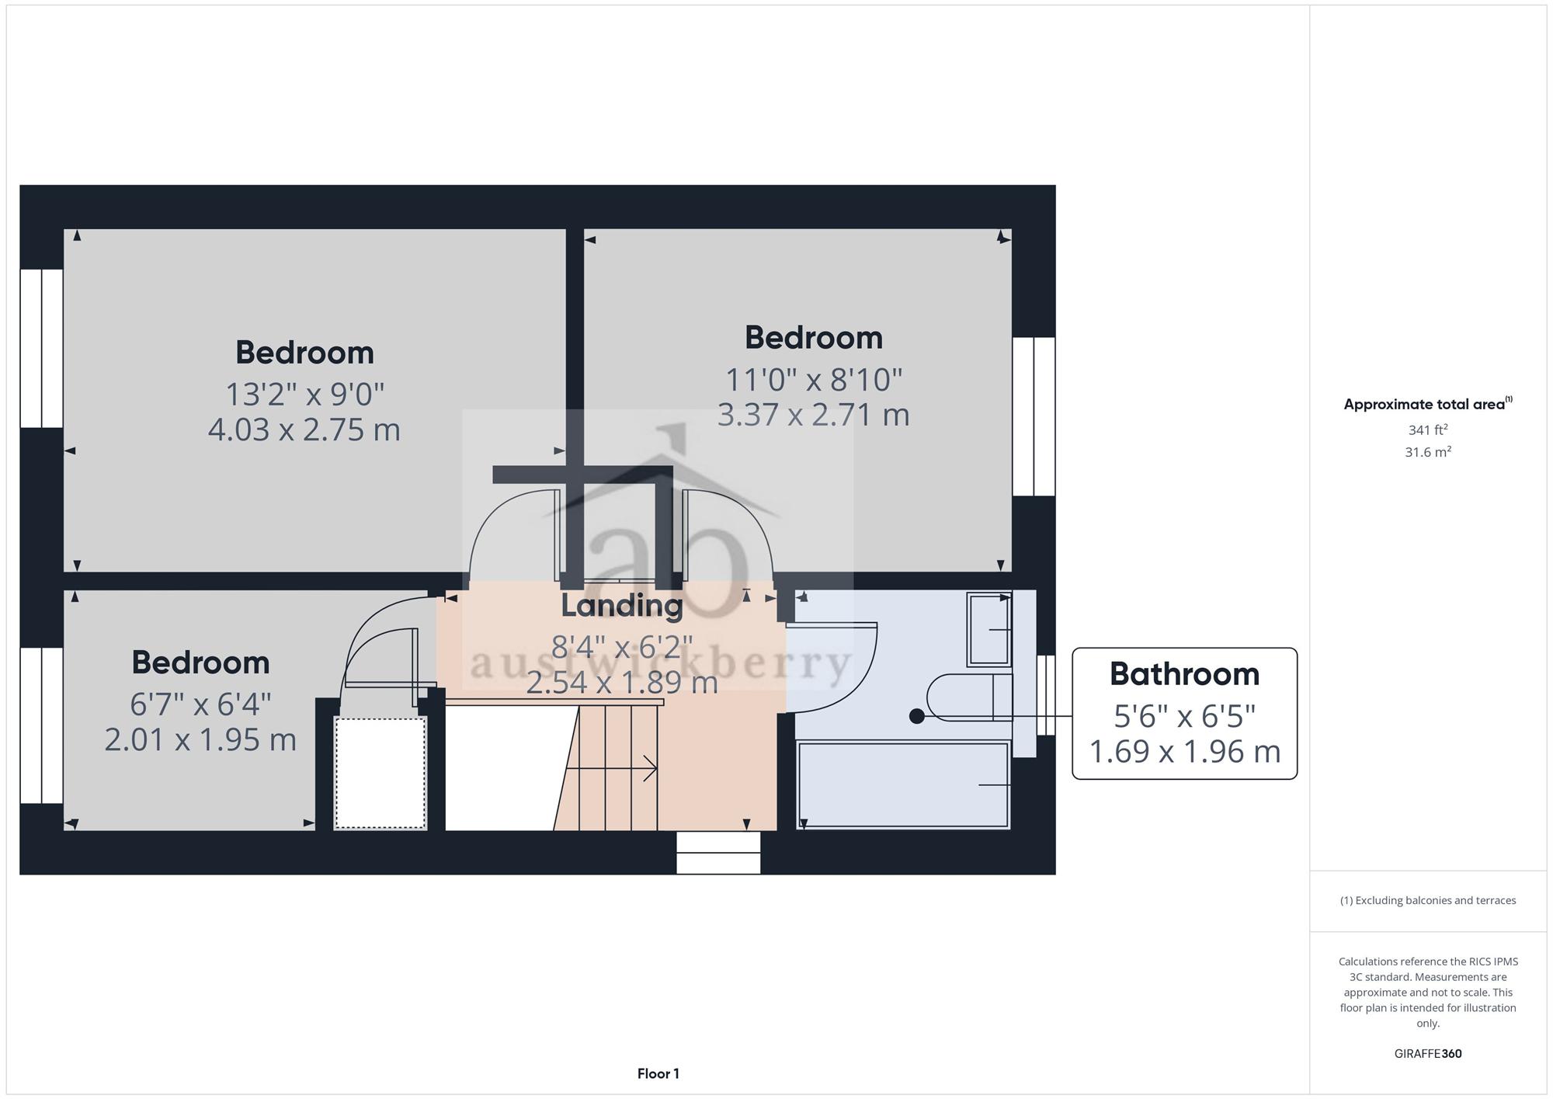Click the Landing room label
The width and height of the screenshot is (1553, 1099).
(x=622, y=606)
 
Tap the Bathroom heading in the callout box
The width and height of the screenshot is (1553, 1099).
(x=1184, y=674)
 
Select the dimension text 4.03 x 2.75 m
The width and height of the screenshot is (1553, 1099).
(x=304, y=430)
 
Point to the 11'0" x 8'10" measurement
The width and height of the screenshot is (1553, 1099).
(x=813, y=380)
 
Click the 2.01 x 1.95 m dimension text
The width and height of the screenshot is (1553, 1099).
(x=200, y=739)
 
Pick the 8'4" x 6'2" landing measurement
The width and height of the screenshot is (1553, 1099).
(x=621, y=646)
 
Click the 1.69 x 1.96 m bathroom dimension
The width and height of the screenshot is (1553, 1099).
(x=1184, y=751)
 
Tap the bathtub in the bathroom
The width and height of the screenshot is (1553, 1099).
(x=903, y=785)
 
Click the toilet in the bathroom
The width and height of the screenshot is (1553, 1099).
(x=970, y=697)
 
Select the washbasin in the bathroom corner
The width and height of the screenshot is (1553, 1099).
(x=989, y=630)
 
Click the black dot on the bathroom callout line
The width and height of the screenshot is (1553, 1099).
(x=917, y=716)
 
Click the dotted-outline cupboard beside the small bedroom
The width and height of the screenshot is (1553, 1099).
(x=380, y=773)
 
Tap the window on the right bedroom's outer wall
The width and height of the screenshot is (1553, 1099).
(x=1034, y=416)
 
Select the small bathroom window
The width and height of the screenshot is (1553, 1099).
(x=1046, y=695)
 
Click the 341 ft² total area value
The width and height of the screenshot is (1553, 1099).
(x=1428, y=430)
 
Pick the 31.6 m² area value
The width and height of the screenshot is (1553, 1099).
(x=1428, y=451)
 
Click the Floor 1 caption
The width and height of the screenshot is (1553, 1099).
(x=658, y=1074)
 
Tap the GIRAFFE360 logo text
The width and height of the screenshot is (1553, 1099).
(x=1428, y=1054)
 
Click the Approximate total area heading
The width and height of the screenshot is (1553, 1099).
(x=1428, y=404)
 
